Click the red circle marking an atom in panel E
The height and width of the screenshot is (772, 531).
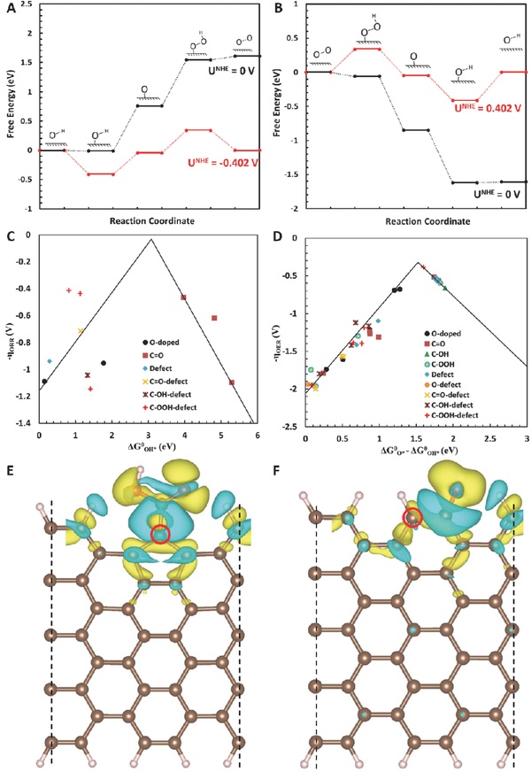coord(160,535)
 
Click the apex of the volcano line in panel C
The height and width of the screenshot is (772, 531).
coord(151,239)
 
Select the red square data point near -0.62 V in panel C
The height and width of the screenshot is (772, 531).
coord(214,318)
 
